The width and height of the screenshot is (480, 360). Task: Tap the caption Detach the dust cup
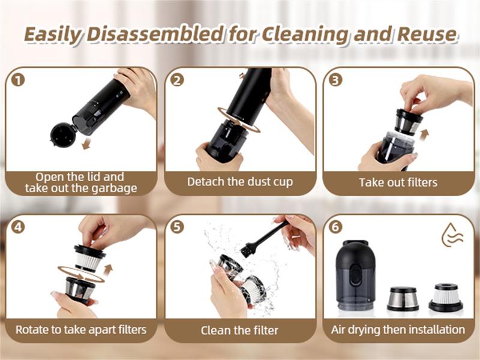click(240, 181)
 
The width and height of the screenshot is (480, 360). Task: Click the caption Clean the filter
click(240, 330)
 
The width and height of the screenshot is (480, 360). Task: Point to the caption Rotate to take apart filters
click(81, 329)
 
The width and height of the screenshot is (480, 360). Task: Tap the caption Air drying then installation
click(398, 329)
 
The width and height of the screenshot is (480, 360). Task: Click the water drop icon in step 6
click(452, 235)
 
